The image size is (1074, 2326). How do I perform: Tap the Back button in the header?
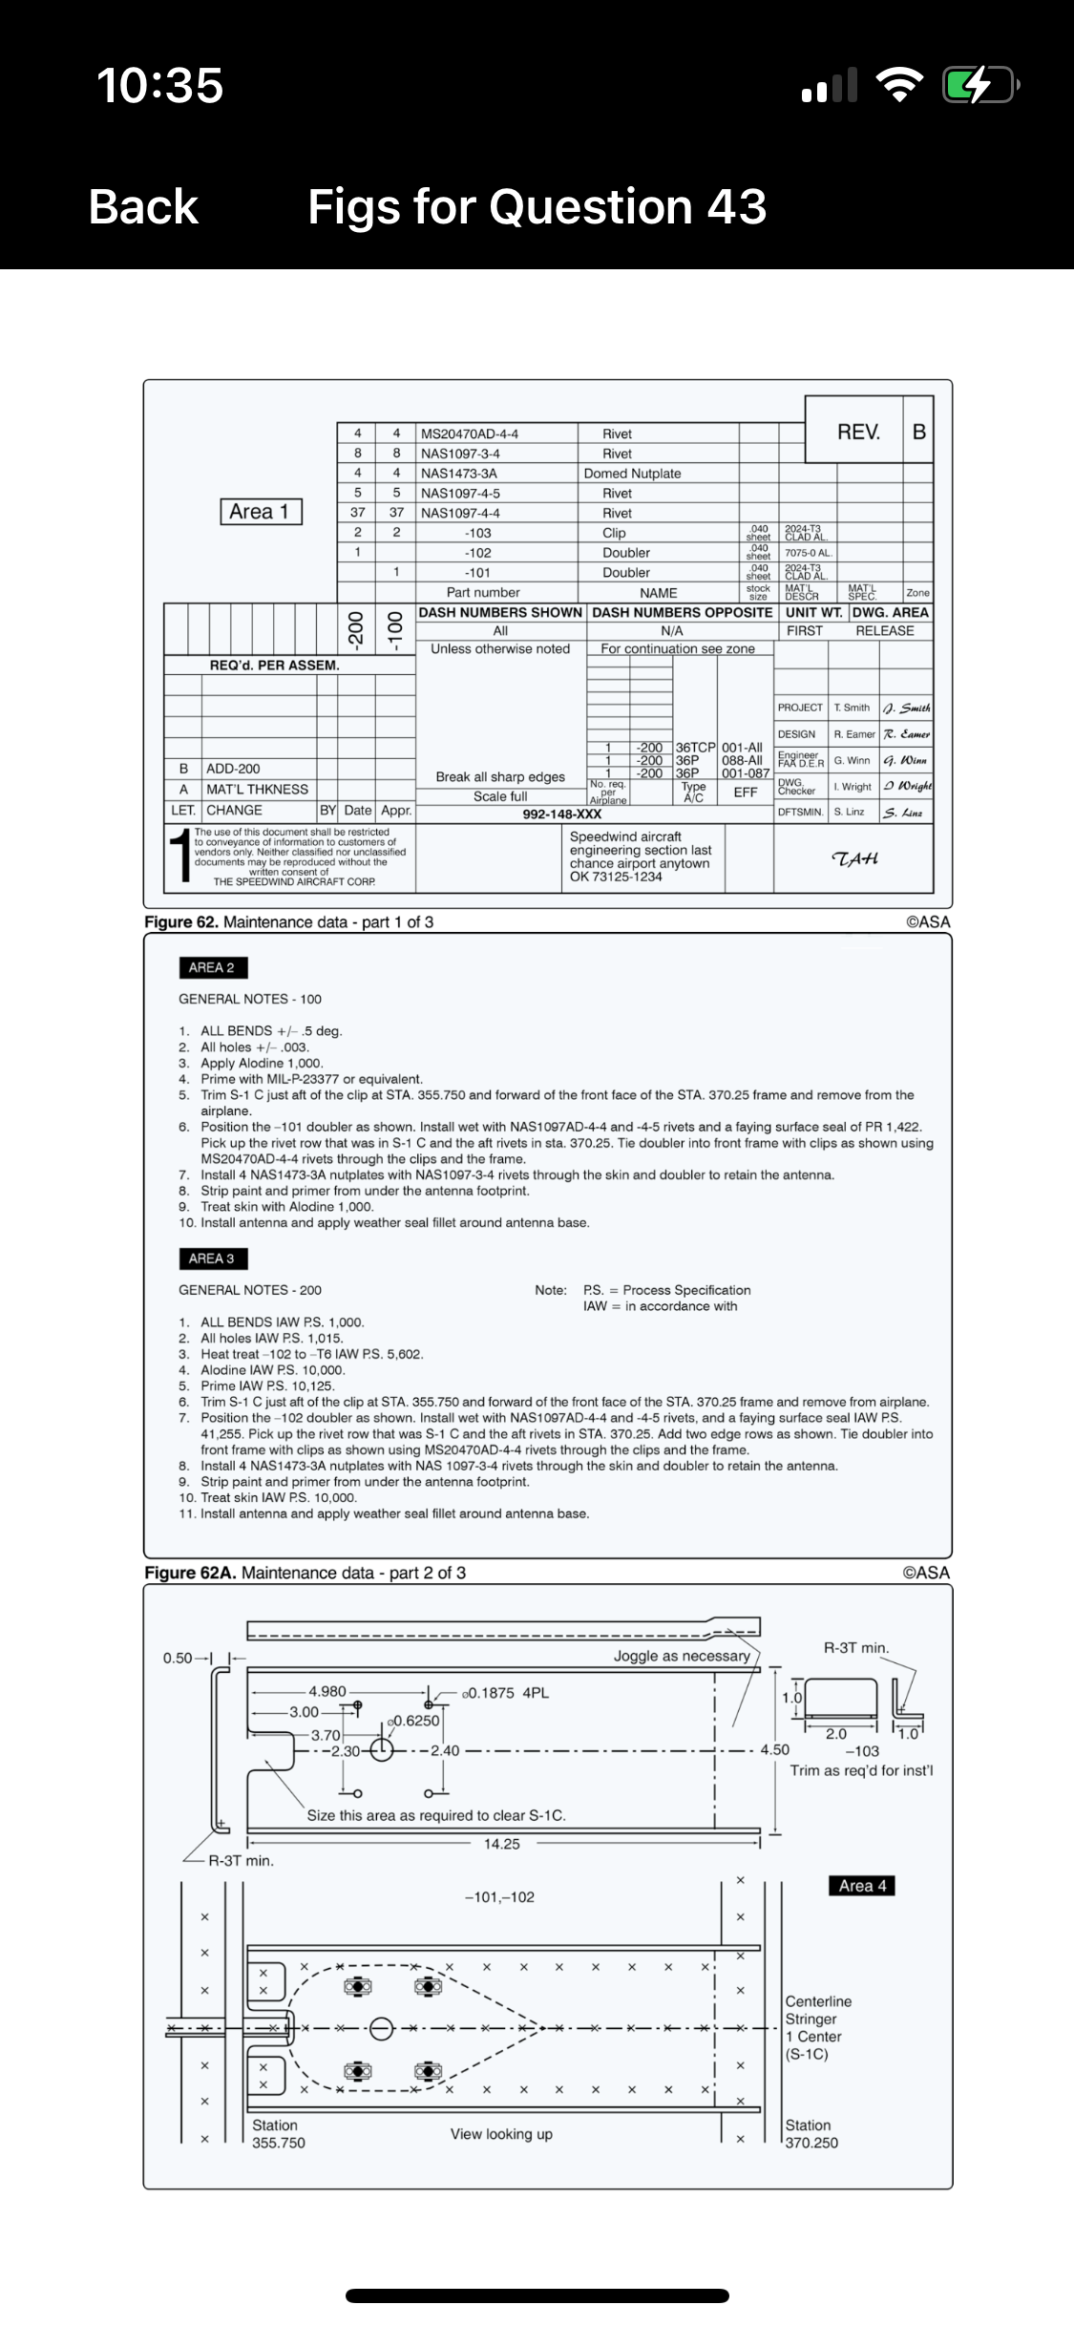click(143, 207)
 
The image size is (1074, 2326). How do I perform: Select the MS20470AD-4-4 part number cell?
click(469, 433)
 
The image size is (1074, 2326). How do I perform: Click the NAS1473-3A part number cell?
click(458, 474)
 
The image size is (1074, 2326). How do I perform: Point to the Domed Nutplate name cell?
click(632, 474)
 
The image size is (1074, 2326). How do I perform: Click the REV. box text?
click(858, 432)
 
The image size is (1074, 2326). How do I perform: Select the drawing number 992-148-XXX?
click(561, 814)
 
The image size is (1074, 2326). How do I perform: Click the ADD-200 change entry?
click(233, 769)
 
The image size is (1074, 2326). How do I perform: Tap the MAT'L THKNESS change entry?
click(257, 790)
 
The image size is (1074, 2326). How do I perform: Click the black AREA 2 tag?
click(212, 967)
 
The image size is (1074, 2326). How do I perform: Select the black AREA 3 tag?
click(212, 1258)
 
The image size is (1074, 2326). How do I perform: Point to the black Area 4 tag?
click(862, 1886)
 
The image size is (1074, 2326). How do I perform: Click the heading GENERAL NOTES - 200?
click(250, 1290)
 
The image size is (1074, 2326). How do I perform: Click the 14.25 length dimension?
click(501, 1844)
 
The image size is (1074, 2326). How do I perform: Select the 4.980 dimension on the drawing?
click(326, 1691)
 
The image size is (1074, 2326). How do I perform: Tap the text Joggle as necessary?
click(681, 1657)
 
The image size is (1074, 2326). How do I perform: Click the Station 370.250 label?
click(811, 2134)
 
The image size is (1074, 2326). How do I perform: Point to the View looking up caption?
click(501, 2134)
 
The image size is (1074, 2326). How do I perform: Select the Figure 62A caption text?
click(305, 1573)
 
